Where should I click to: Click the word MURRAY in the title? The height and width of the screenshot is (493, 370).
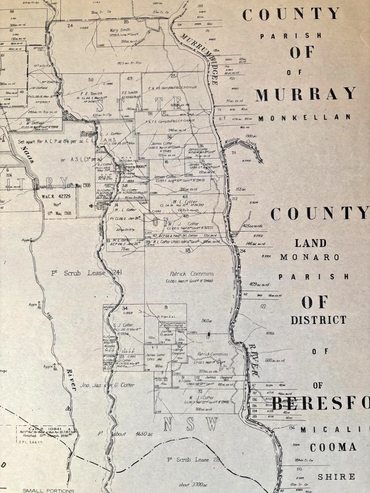click(306, 94)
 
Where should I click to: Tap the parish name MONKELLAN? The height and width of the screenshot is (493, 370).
click(305, 118)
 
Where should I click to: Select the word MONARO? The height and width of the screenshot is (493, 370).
click(309, 257)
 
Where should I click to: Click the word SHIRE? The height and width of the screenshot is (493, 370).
click(336, 477)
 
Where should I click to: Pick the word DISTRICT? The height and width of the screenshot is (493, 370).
click(319, 320)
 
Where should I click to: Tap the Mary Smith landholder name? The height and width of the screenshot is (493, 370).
click(120, 30)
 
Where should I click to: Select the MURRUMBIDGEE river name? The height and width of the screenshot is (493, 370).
click(200, 56)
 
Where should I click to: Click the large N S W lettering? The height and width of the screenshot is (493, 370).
click(190, 424)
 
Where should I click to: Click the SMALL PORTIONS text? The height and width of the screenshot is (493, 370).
click(48, 490)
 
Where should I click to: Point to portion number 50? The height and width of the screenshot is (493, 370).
click(91, 79)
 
